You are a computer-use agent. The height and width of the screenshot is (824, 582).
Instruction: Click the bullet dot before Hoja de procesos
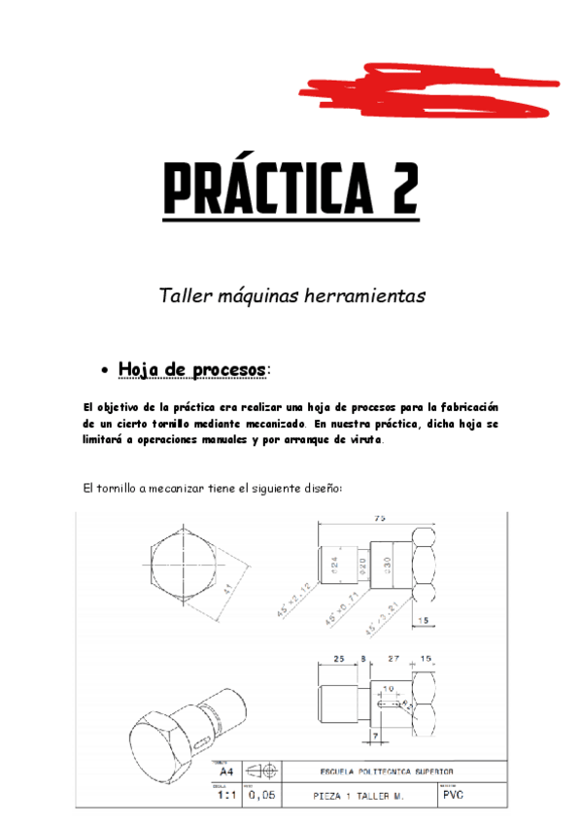[x=105, y=371]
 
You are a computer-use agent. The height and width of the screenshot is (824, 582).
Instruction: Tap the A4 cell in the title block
[x=223, y=772]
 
